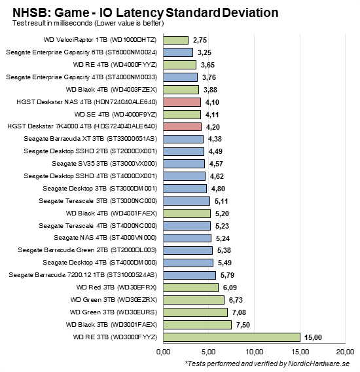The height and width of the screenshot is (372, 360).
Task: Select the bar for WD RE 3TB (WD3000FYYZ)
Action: (231, 337)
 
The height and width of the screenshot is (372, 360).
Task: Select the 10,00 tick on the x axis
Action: (253, 352)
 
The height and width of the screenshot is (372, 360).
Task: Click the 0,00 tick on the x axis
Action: (164, 352)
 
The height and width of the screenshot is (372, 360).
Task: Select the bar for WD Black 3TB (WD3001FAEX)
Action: (197, 324)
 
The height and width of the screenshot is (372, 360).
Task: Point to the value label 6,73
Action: (237, 299)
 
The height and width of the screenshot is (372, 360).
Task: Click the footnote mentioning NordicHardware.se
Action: (268, 363)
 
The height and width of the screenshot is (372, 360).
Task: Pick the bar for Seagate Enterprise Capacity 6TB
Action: (178, 52)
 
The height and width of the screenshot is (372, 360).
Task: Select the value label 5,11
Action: (223, 200)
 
